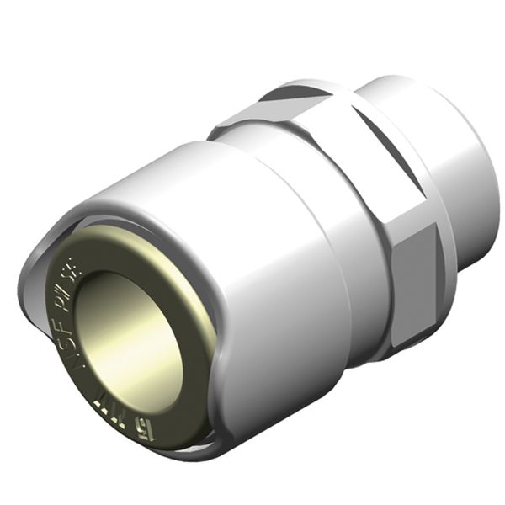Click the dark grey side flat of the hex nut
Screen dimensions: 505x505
[418, 278]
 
